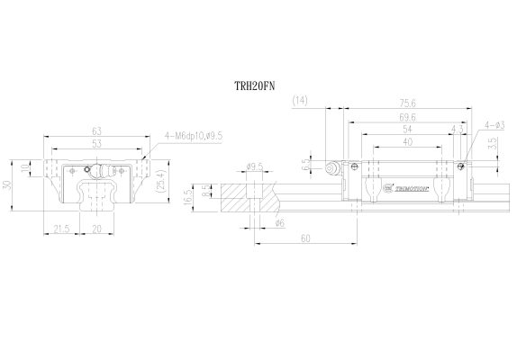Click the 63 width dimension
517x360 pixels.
96,131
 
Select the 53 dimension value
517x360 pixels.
96,142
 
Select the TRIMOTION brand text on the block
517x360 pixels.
403,189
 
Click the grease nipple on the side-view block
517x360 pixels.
333,166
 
